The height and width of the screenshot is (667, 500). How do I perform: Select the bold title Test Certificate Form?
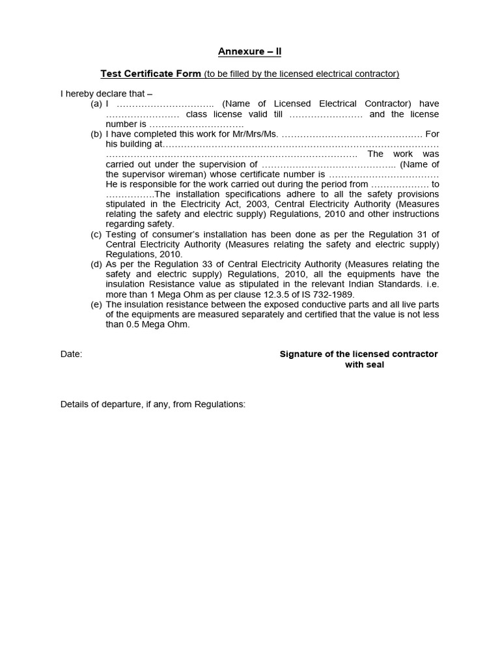[150, 74]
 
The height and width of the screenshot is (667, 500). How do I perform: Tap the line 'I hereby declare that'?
[106, 94]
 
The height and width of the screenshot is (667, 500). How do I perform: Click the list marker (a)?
[96, 104]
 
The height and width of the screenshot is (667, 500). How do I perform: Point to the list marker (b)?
[96, 134]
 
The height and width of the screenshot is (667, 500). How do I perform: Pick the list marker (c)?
[96, 234]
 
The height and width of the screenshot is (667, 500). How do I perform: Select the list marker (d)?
[96, 264]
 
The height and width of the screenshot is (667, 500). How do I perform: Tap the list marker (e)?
[96, 305]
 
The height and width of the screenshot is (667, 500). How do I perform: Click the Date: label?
[72, 354]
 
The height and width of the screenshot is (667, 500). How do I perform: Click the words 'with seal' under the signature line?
[364, 365]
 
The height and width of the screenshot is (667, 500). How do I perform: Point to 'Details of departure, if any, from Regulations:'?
[153, 404]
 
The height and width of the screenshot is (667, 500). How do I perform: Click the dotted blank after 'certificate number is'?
[383, 175]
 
